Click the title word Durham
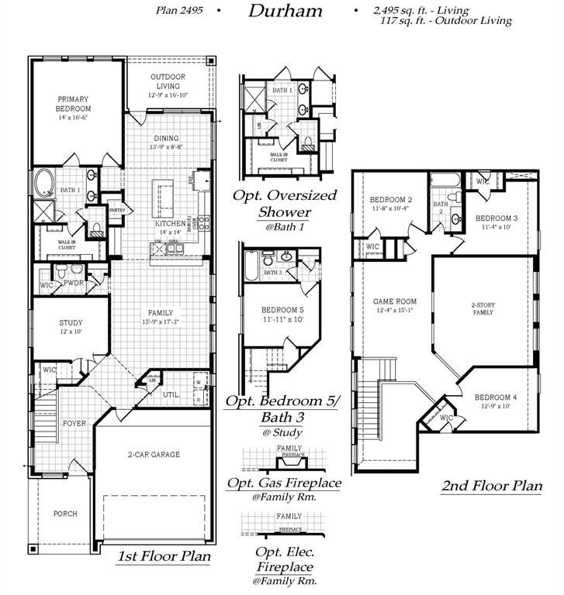point(285,11)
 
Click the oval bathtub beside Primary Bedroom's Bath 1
point(43,184)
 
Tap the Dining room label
point(165,139)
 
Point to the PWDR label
point(73,284)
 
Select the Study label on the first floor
point(71,323)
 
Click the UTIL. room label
point(171,394)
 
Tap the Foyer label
point(74,423)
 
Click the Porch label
point(65,514)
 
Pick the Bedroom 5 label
point(282,310)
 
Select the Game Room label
point(395,301)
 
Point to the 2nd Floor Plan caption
point(491,487)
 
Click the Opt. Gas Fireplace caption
point(284,483)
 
